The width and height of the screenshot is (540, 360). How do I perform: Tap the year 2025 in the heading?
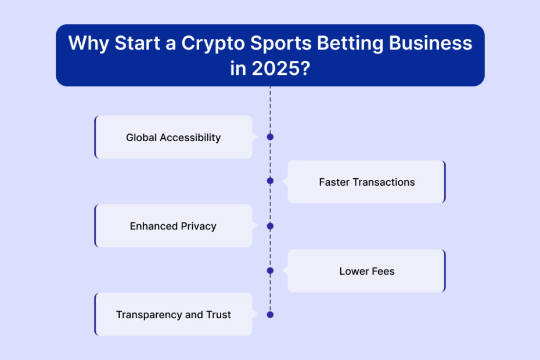280,68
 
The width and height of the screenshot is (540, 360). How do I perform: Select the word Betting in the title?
350,44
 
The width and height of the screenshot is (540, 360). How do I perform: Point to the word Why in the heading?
88,44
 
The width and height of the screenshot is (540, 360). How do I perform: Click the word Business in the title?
430,43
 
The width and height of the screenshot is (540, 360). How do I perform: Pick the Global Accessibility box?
174,137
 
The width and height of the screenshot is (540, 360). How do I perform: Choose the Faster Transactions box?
367,182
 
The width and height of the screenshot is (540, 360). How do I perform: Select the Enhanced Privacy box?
174,226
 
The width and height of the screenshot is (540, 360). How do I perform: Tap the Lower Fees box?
367,271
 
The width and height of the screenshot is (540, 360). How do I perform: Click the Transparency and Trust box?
174,314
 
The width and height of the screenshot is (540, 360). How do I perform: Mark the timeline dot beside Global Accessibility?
271,137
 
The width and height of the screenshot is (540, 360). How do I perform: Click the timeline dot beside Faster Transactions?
271,181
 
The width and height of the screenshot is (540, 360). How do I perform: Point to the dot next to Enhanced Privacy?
271,226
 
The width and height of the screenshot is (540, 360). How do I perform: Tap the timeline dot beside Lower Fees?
271,271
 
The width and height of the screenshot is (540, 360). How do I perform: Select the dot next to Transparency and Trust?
271,315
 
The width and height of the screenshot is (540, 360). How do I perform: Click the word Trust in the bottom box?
218,315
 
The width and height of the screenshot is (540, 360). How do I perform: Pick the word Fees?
381,271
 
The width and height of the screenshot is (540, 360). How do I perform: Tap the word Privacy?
199,226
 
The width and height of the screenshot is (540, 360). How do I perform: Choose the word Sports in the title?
280,44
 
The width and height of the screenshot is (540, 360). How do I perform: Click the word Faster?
334,182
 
